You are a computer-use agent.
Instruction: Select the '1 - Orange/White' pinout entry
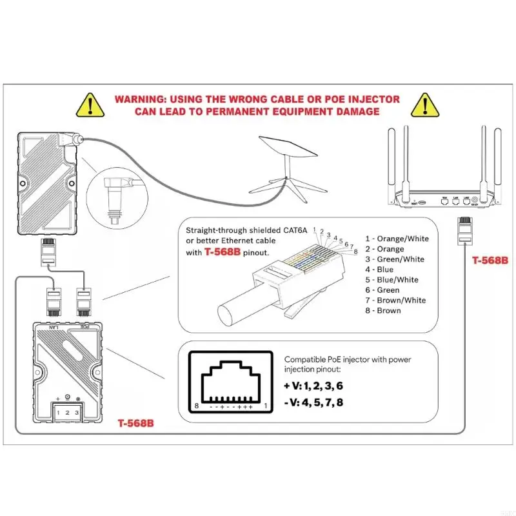pyautogui.click(x=397, y=239)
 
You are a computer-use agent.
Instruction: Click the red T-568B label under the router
pyautogui.click(x=490, y=261)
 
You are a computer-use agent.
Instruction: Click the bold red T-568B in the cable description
pyautogui.click(x=223, y=253)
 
